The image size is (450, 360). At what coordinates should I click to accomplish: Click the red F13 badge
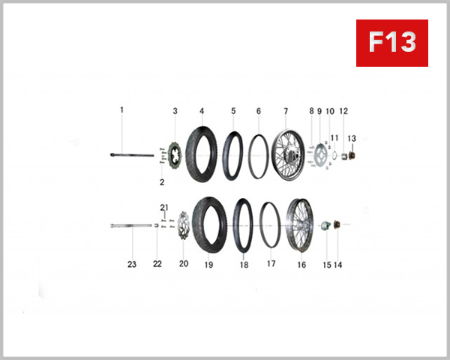(x=391, y=43)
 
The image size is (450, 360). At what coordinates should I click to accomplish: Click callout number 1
(x=121, y=110)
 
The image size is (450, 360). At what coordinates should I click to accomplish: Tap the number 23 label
(x=132, y=264)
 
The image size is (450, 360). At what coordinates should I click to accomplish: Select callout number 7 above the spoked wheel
(x=286, y=111)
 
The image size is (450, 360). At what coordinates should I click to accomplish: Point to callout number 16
(x=301, y=264)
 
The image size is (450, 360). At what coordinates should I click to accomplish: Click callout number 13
(x=352, y=138)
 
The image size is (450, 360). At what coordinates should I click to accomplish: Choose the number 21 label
(x=164, y=207)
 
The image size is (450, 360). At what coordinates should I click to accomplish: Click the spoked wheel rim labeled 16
(x=300, y=224)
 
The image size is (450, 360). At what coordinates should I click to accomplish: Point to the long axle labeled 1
(x=135, y=155)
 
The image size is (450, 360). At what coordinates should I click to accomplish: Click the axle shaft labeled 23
(x=132, y=225)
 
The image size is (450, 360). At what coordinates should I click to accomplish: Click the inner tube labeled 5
(x=233, y=154)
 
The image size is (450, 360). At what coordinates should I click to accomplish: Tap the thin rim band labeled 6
(x=259, y=155)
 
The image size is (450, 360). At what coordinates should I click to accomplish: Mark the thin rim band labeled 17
(x=270, y=224)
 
